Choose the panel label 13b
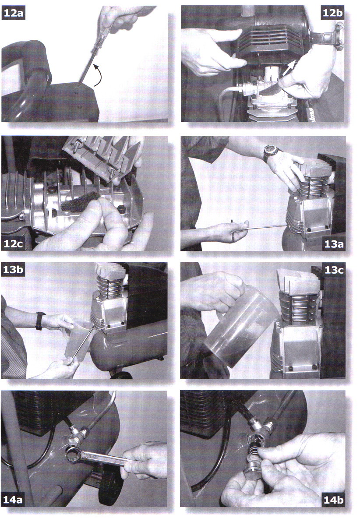13,269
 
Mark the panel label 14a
13,499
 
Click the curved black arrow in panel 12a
100,74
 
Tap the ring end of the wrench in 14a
75,455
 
